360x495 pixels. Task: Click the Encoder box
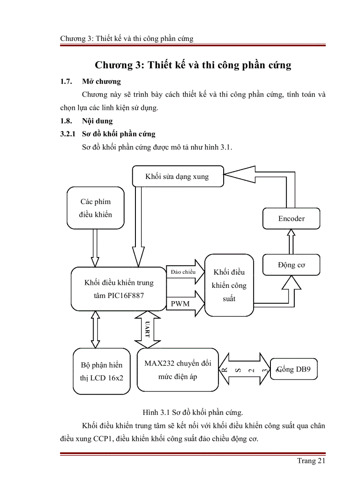click(x=291, y=219)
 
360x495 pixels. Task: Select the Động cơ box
click(x=291, y=265)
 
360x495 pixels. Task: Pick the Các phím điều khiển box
click(x=95, y=208)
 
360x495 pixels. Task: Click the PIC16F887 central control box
click(x=118, y=289)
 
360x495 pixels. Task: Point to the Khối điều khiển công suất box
click(x=229, y=285)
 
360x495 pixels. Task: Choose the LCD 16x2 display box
click(x=101, y=371)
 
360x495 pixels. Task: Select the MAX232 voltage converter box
click(x=177, y=370)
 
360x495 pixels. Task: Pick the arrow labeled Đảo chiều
click(x=185, y=272)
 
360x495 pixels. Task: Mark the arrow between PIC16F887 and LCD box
click(x=95, y=330)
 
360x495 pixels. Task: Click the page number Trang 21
click(x=311, y=461)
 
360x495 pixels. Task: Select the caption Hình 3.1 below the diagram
click(x=193, y=413)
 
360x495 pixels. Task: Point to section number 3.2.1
click(x=68, y=134)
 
